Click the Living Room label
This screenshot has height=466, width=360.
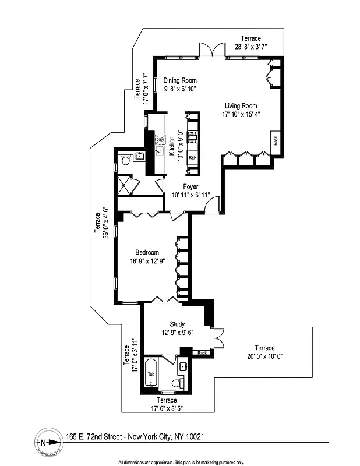[241, 105]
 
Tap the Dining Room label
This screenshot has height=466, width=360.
[179, 80]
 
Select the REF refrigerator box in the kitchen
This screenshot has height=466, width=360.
[192, 158]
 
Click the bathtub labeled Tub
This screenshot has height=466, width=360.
[151, 374]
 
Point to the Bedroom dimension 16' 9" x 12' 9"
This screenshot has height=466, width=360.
[147, 261]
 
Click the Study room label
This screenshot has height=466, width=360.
[177, 324]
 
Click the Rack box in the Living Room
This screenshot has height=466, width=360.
[276, 140]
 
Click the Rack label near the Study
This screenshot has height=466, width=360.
[202, 353]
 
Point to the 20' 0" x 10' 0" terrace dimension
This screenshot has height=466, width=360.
[264, 356]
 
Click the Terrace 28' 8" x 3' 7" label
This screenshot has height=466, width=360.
[251, 42]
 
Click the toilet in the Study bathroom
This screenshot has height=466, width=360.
[179, 382]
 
